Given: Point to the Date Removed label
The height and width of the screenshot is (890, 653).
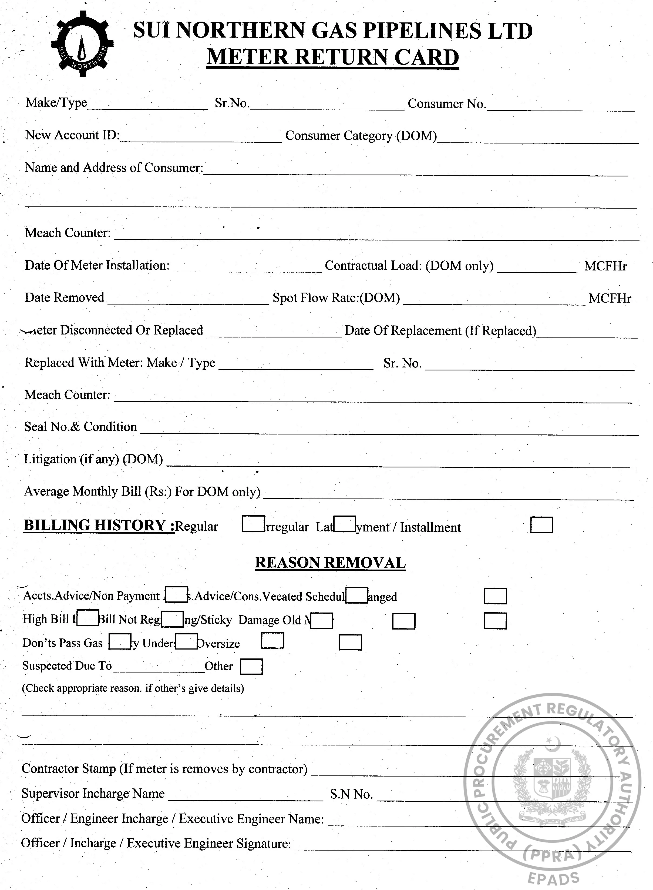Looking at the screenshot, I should [x=65, y=297].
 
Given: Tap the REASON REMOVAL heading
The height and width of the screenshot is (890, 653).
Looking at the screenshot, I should [x=330, y=563].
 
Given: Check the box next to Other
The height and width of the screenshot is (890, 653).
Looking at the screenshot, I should [x=251, y=667].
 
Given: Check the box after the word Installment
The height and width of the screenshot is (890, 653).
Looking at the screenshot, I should [x=541, y=526].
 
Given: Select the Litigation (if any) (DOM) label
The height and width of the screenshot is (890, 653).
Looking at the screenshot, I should [x=93, y=459].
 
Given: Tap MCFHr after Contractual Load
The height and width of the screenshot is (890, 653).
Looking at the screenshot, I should [x=605, y=266].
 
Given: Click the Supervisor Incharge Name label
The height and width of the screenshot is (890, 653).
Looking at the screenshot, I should [x=93, y=794].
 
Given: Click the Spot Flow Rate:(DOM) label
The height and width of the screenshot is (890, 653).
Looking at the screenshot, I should [x=336, y=298].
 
